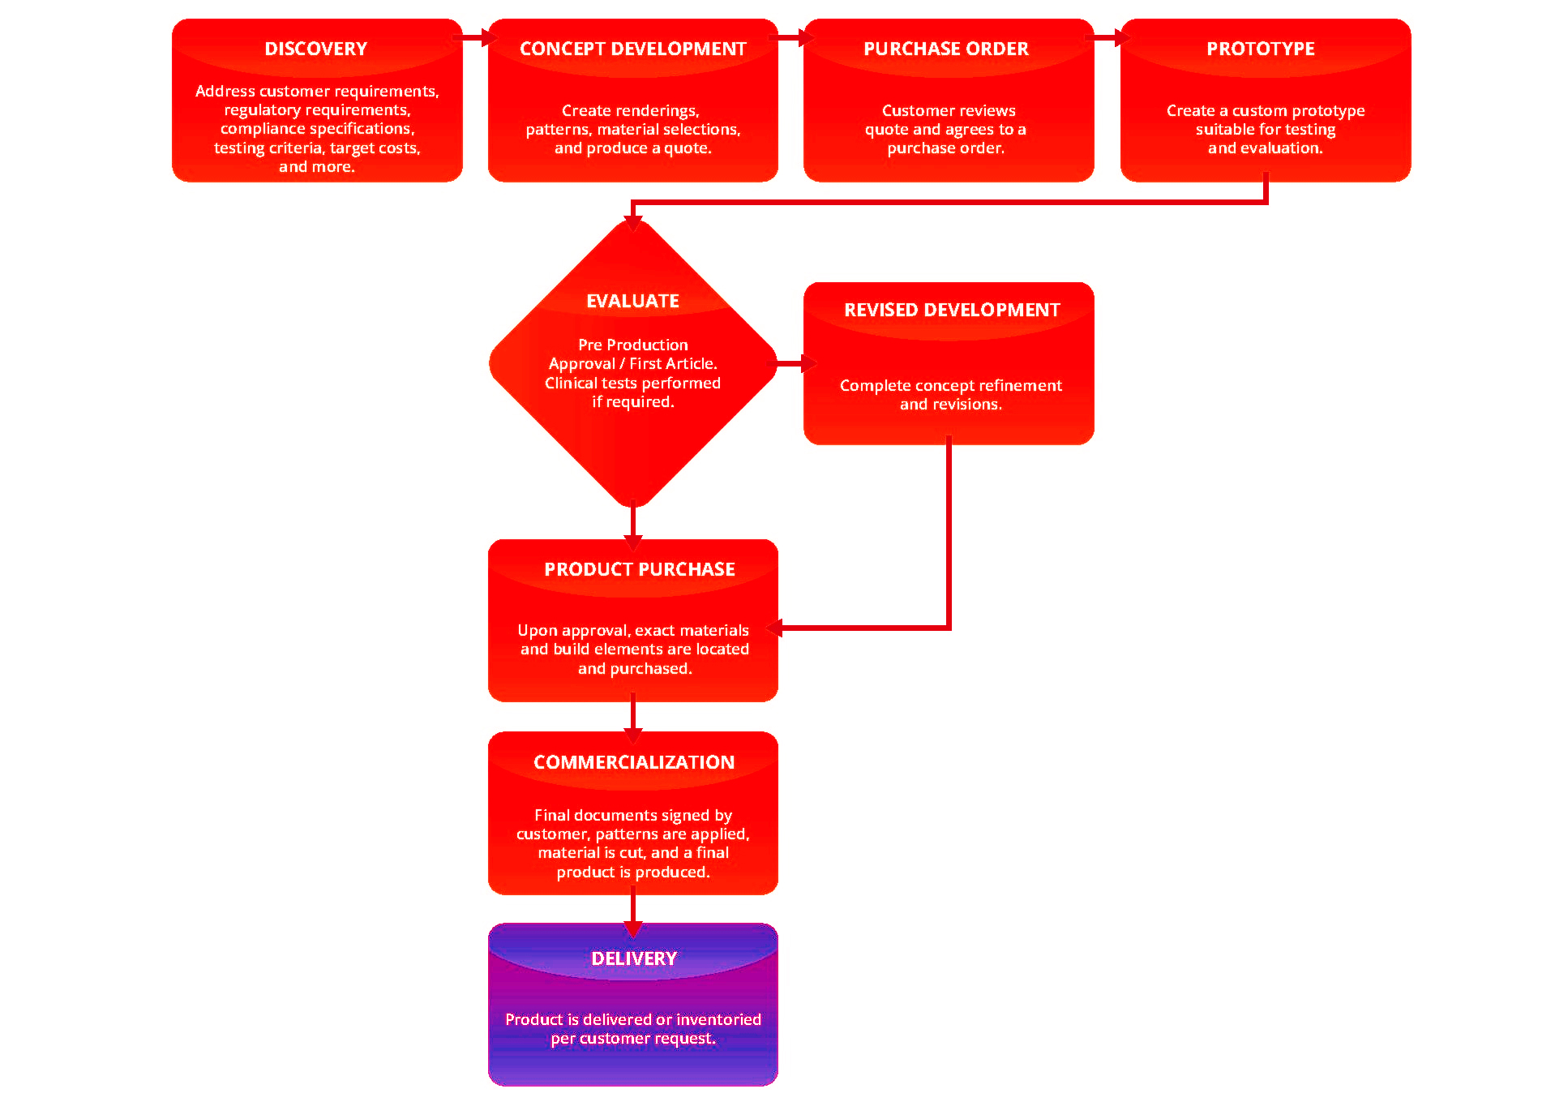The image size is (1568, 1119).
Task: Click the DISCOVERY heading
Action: tap(315, 49)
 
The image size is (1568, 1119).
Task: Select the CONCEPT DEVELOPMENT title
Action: tap(632, 49)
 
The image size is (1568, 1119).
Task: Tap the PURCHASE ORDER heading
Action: tap(945, 49)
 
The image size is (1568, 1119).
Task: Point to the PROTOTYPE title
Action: tap(1260, 49)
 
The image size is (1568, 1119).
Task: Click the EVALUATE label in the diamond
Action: tap(632, 301)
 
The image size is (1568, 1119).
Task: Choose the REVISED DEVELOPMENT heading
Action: tap(951, 310)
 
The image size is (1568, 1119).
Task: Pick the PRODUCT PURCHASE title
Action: tap(639, 569)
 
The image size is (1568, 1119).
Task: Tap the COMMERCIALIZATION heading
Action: tap(633, 762)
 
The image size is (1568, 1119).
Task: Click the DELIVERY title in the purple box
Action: tap(633, 958)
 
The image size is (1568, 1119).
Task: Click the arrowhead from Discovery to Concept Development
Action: tap(488, 37)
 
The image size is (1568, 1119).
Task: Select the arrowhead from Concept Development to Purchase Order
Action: tap(805, 37)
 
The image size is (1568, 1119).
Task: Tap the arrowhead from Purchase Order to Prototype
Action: tap(1122, 37)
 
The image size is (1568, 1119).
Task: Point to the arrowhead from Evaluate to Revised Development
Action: tap(808, 364)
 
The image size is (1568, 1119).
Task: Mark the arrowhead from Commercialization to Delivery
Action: tap(633, 928)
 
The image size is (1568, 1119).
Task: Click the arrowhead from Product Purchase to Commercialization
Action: tap(633, 735)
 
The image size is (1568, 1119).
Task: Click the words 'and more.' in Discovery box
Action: tap(316, 167)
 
